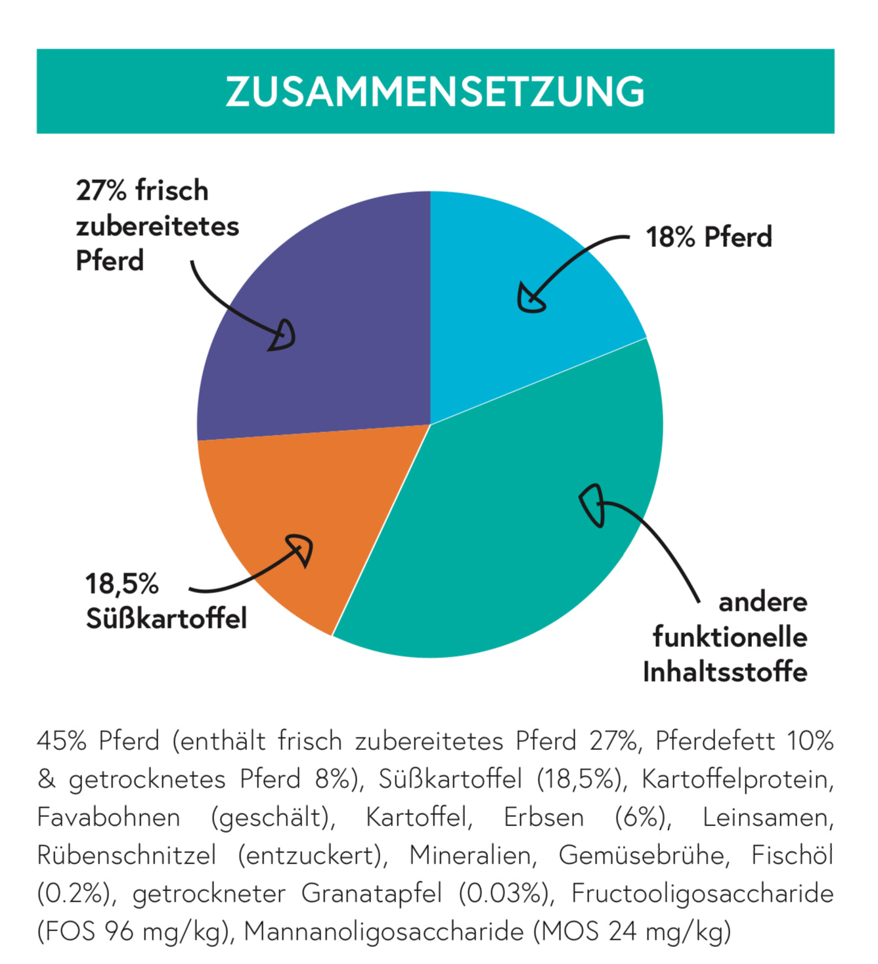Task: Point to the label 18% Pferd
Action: coord(709,237)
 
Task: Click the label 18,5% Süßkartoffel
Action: coord(165,601)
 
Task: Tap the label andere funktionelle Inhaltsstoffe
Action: coord(726,637)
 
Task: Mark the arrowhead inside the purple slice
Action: coord(283,336)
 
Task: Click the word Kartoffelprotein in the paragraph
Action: coord(737,779)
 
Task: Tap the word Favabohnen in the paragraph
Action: coord(108,818)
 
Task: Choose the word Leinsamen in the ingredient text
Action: coord(768,818)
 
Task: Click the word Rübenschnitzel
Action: coord(126,856)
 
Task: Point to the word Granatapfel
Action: coord(371,894)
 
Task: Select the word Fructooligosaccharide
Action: coord(702,894)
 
